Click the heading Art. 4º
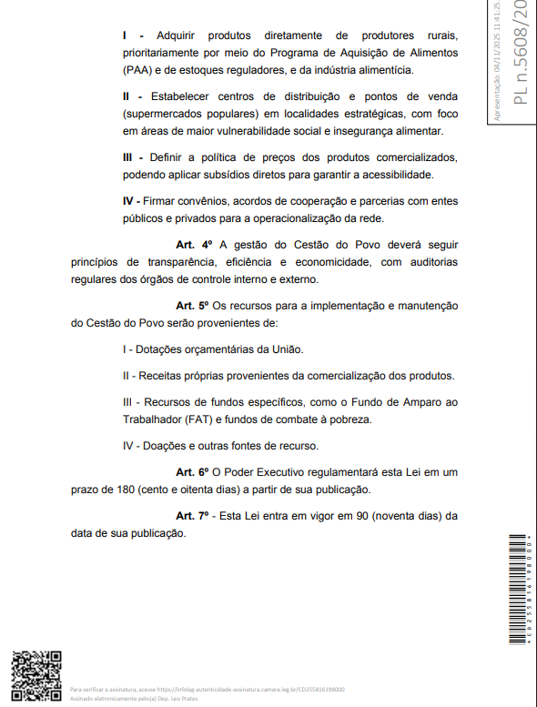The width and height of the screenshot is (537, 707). coord(193,245)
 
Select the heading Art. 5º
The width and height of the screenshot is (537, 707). coord(193,305)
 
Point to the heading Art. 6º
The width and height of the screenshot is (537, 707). coord(193,471)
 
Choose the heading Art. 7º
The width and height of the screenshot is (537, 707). coord(193,516)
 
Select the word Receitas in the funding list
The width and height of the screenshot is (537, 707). coord(162,375)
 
